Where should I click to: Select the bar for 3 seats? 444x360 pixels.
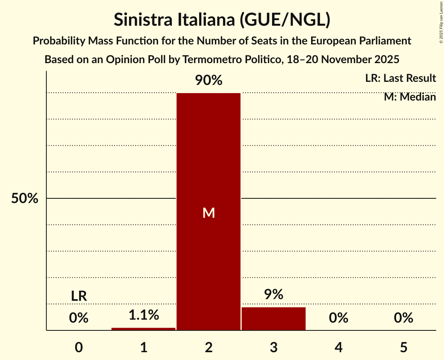(x=274, y=319)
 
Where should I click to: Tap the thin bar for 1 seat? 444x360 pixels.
(x=143, y=329)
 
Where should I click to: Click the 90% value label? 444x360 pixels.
(x=209, y=81)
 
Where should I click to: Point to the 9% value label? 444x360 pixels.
(x=274, y=295)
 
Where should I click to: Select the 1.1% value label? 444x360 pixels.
(x=143, y=315)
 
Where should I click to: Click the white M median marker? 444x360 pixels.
(x=209, y=213)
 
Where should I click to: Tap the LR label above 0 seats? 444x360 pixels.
(x=79, y=296)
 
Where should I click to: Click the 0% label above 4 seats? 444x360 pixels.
(x=338, y=318)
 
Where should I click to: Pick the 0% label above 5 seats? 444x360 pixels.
(x=403, y=318)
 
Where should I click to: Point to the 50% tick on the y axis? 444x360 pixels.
(x=25, y=198)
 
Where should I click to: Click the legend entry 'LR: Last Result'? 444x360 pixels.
(x=400, y=78)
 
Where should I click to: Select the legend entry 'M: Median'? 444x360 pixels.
(x=410, y=97)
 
